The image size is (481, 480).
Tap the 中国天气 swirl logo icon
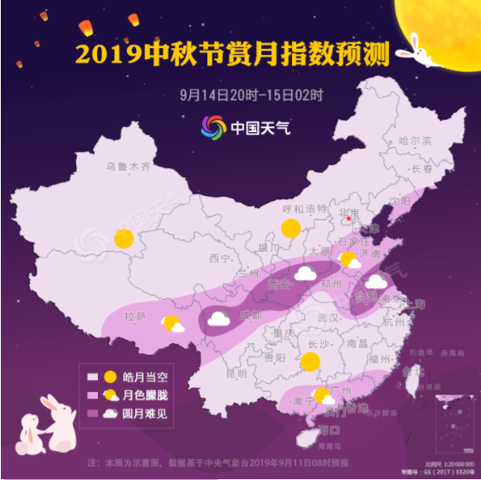[213, 128]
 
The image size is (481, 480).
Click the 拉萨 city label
[135, 316]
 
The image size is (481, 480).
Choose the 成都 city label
[250, 316]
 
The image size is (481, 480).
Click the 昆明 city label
[236, 374]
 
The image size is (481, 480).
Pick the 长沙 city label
[318, 344]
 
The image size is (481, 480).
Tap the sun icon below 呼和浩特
[291, 229]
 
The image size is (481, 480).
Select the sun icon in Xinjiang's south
[124, 240]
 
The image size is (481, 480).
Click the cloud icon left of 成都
[219, 318]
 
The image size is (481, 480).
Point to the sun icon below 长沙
[310, 361]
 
